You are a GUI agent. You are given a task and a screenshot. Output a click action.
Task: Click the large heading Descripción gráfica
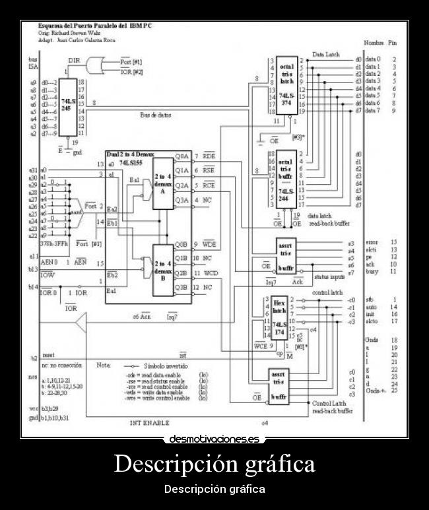[214, 464]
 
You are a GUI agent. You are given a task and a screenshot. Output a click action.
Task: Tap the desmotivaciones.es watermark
[214, 439]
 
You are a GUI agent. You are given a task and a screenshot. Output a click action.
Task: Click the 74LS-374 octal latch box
[286, 86]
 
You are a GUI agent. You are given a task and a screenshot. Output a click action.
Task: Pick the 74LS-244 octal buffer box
[286, 179]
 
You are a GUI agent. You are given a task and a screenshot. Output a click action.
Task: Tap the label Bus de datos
[155, 115]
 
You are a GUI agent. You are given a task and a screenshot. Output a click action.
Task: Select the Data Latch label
[325, 55]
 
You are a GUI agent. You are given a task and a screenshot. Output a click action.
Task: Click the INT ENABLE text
[150, 422]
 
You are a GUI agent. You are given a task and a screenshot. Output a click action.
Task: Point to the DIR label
[74, 59]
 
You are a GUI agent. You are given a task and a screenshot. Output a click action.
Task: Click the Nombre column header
[374, 41]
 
